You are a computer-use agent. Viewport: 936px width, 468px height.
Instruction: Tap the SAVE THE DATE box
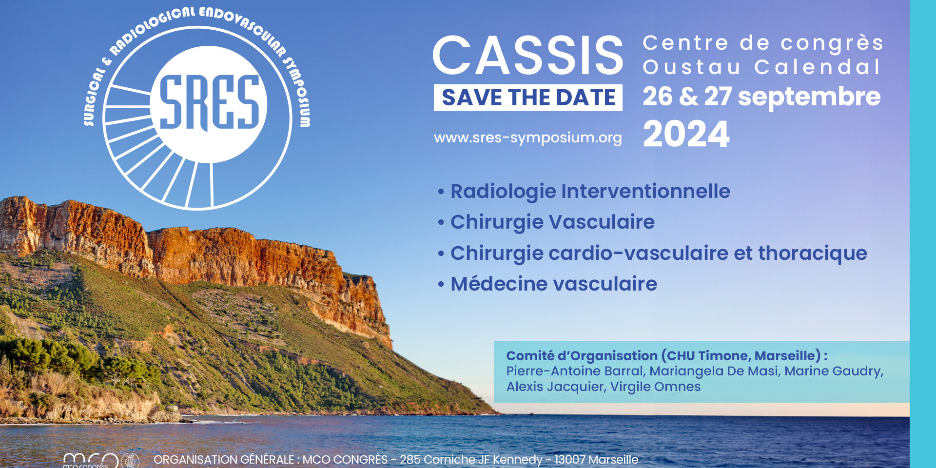coord(528,97)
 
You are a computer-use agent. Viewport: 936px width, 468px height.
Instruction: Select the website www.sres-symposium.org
coord(528,138)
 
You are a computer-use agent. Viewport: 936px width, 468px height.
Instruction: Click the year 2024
coord(686,134)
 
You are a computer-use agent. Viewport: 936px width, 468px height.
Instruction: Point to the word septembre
coord(809,97)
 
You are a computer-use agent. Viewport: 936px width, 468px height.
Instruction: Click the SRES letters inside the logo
coord(209,103)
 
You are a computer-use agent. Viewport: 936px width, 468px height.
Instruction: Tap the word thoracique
coord(813,253)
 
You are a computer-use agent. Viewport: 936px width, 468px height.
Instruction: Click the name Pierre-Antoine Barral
coord(576,371)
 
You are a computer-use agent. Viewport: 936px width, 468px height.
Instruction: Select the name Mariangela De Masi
coord(714,371)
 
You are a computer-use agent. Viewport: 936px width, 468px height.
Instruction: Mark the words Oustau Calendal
coord(761,67)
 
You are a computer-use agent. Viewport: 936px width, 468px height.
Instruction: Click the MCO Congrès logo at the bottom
coord(100,461)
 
